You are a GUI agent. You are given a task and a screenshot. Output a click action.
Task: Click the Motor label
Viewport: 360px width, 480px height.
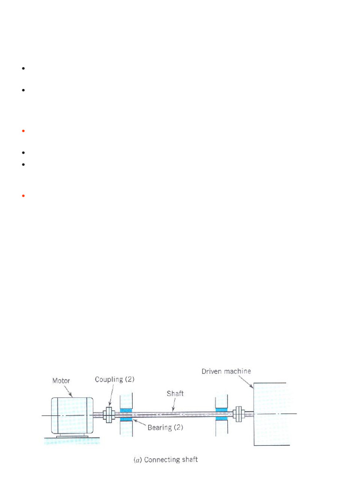(x=60, y=381)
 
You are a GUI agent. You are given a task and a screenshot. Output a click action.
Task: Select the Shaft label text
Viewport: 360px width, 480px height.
(x=175, y=394)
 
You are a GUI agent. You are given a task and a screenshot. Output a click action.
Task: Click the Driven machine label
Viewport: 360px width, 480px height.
(x=226, y=371)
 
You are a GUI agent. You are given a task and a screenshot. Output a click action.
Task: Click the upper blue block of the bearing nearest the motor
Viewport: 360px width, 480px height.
(x=126, y=410)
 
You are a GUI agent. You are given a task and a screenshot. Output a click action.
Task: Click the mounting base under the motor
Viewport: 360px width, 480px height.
(x=71, y=436)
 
